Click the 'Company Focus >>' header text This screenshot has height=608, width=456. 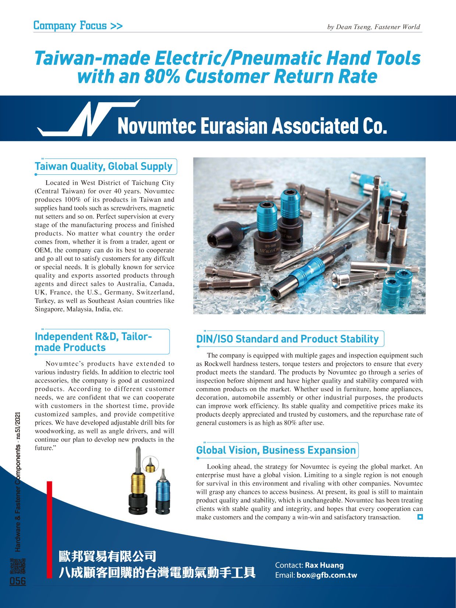click(78, 25)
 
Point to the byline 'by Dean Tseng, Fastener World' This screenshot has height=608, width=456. click(373, 27)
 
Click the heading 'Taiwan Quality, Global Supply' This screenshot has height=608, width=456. click(104, 167)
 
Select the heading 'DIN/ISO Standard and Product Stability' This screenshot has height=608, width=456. click(288, 339)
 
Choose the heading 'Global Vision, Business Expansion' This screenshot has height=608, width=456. click(276, 450)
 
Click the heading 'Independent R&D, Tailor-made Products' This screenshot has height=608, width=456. click(93, 342)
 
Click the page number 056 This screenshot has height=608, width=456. click(18, 581)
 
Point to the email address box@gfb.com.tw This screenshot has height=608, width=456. click(327, 575)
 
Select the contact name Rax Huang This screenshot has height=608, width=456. click(324, 565)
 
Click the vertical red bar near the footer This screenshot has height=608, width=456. click(49, 530)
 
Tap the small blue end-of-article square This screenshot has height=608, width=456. click(420, 517)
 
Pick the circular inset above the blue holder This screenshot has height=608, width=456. click(150, 465)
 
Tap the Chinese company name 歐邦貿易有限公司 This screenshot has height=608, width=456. click(107, 557)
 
